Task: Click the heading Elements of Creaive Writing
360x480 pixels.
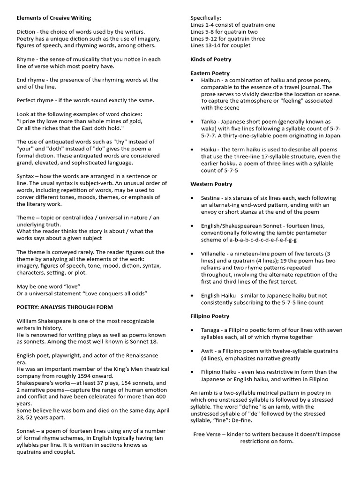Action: click(54, 18)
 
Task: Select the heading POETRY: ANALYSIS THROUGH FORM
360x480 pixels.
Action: click(65, 307)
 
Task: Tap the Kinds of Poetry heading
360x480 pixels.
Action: click(210, 60)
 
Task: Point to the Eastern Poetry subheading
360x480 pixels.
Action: click(210, 73)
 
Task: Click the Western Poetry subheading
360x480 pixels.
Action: click(211, 184)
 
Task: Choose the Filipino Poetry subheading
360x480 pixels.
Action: click(210, 316)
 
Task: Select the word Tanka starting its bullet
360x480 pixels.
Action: click(210, 121)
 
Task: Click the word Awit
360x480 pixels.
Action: click(208, 351)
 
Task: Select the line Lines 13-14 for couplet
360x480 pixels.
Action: click(220, 45)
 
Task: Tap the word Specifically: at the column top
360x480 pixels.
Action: click(206, 18)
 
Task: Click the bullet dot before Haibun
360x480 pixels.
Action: click(193, 81)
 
